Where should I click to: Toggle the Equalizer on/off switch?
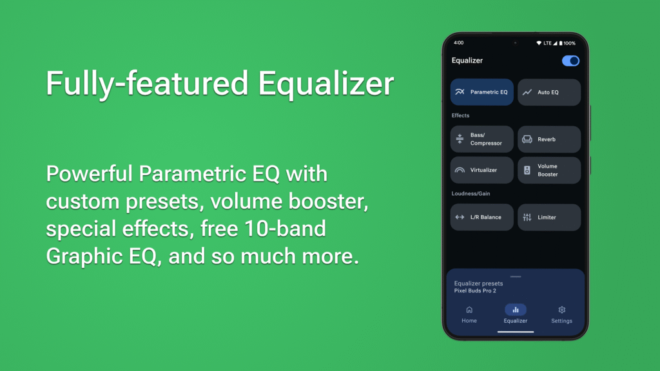pos(570,61)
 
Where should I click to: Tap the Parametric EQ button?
pos(482,92)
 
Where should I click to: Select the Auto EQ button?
pos(549,92)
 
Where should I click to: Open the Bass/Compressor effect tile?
pos(482,139)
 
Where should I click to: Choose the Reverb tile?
pos(549,139)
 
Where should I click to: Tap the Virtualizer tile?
pos(482,170)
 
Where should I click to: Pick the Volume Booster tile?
pos(549,170)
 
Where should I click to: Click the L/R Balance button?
pos(482,217)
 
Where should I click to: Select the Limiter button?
pos(549,217)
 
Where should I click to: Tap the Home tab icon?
pos(469,310)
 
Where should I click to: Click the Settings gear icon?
pos(561,310)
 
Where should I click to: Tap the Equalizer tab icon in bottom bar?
pos(516,310)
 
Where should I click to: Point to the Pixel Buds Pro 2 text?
pos(475,291)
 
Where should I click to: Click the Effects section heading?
pos(460,116)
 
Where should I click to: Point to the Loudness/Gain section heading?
pos(471,193)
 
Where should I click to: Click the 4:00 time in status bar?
pos(458,43)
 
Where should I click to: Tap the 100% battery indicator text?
pos(569,43)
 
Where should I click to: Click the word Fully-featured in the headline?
pos(146,84)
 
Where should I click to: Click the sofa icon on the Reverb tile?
pos(527,139)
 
